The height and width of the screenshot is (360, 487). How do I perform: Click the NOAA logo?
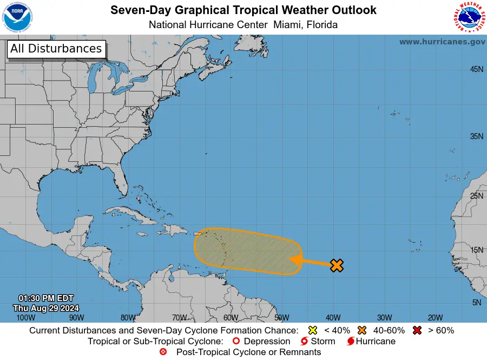[17, 17]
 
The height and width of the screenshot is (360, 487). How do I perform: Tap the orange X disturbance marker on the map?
[337, 265]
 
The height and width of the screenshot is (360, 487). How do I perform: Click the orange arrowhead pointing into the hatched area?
[295, 259]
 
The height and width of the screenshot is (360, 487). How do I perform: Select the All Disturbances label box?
[56, 49]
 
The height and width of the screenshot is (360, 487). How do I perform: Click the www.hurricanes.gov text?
[442, 42]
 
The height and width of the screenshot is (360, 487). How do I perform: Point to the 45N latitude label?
[476, 69]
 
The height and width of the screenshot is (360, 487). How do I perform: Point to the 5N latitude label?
[476, 303]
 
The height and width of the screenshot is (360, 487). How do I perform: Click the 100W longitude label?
[22, 318]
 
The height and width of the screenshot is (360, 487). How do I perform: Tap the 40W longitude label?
[332, 318]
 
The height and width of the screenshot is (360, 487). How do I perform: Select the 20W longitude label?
[435, 318]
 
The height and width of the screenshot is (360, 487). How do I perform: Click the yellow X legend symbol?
[312, 330]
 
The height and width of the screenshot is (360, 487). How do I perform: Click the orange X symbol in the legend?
[362, 330]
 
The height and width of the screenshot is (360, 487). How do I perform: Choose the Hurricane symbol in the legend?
[351, 342]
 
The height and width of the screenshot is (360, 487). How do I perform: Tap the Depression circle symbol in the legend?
[235, 342]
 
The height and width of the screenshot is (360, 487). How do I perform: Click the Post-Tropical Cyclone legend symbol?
[163, 352]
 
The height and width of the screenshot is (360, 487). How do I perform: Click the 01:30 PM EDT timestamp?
[46, 298]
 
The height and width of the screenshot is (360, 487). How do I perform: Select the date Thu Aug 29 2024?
[46, 308]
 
